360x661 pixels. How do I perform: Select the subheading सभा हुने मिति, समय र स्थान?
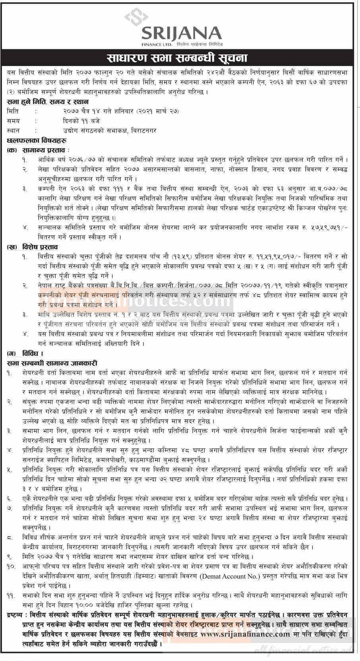[x=48, y=102]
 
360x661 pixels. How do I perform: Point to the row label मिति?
[x=13, y=111]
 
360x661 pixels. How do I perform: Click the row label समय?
[x=14, y=121]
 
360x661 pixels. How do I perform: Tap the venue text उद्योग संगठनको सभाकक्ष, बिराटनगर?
[x=107, y=130]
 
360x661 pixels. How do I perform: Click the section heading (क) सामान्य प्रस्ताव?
[x=38, y=150]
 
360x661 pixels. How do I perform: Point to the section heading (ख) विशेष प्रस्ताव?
[x=35, y=247]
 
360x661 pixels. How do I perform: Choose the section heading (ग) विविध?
[x=25, y=353]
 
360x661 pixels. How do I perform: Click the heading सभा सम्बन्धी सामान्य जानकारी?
[x=52, y=363]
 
